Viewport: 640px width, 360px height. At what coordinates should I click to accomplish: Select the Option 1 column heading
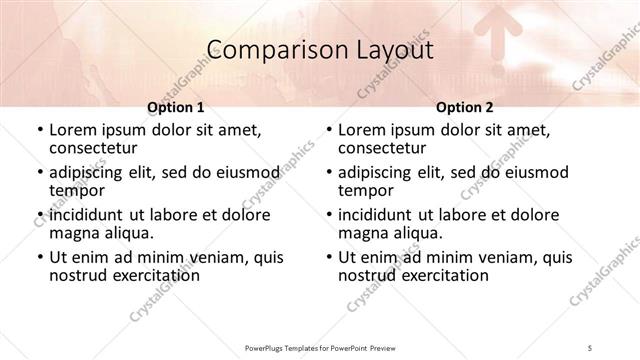point(176,106)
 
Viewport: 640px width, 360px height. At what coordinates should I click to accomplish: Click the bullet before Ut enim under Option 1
point(39,258)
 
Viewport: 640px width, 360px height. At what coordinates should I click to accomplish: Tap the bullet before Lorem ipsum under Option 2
point(329,130)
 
